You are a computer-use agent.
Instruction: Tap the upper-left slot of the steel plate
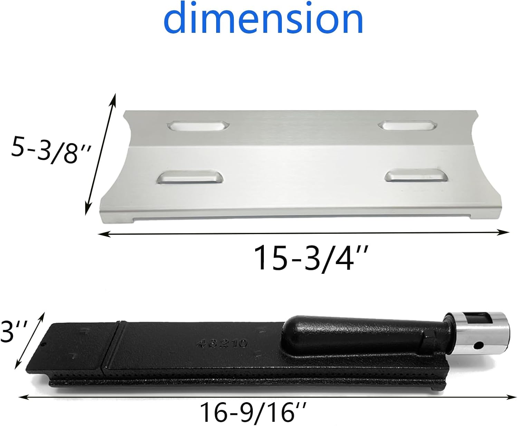[x=199, y=126]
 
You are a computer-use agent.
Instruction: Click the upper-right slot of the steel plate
[x=407, y=125]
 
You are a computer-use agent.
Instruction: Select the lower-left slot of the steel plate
[x=190, y=177]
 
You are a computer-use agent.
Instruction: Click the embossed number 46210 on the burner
[x=222, y=343]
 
